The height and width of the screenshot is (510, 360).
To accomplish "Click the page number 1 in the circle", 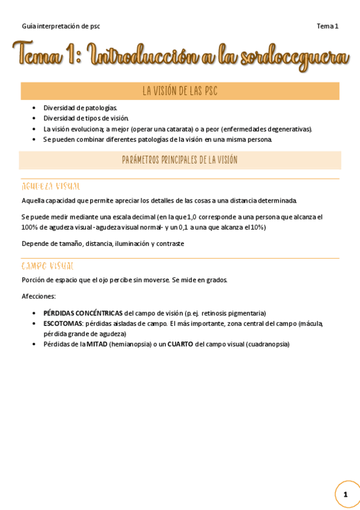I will (346, 494).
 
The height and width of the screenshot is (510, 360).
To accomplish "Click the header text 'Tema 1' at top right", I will (328, 26).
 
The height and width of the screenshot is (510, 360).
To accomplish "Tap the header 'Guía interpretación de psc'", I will (61, 26).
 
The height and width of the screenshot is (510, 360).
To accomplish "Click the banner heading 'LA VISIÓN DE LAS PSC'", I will (180, 91).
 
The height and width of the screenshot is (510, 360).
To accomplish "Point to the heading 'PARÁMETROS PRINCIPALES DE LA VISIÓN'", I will (180, 160).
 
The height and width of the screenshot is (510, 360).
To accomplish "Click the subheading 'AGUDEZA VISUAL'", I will (51, 186).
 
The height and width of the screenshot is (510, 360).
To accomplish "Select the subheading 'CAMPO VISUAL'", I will (47, 266).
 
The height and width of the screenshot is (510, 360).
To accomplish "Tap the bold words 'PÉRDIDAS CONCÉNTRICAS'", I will (83, 313).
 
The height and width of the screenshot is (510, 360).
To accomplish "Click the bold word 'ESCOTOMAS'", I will (63, 324).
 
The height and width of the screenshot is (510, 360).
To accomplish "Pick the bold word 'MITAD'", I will (97, 344).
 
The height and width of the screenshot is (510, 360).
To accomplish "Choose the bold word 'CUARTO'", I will (180, 344).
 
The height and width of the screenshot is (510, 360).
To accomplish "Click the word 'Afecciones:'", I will (38, 296).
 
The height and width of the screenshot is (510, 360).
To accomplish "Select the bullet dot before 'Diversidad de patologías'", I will (34, 108).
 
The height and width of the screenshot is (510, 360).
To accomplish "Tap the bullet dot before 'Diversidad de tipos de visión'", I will (34, 118).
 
